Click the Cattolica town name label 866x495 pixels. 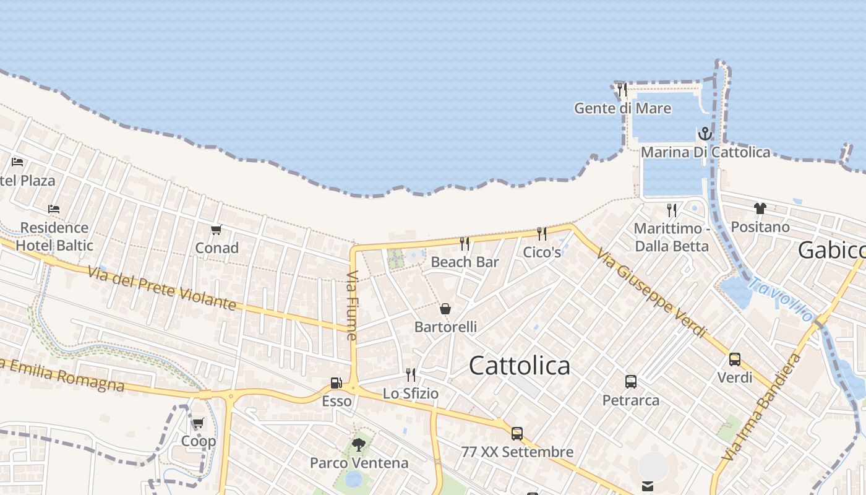tap(519, 365)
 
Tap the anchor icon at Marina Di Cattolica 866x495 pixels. tap(705, 134)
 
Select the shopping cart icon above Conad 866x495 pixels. tap(216, 230)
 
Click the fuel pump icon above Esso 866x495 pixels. tap(336, 383)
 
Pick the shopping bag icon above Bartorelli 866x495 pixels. tap(445, 309)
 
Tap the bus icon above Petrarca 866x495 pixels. tap(631, 382)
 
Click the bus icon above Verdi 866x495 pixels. tap(735, 359)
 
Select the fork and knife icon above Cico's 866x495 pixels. tap(542, 233)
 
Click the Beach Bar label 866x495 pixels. tap(465, 262)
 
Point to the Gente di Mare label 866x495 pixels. tap(622, 108)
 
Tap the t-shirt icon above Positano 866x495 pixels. tap(760, 209)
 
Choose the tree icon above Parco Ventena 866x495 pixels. tap(358, 444)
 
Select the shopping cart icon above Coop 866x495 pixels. tap(198, 423)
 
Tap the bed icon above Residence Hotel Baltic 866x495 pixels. tap(54, 209)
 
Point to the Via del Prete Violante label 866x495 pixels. tap(161, 288)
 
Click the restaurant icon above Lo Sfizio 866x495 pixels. tap(410, 374)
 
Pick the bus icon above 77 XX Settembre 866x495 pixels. tap(517, 434)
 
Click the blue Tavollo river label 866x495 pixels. tap(781, 299)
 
